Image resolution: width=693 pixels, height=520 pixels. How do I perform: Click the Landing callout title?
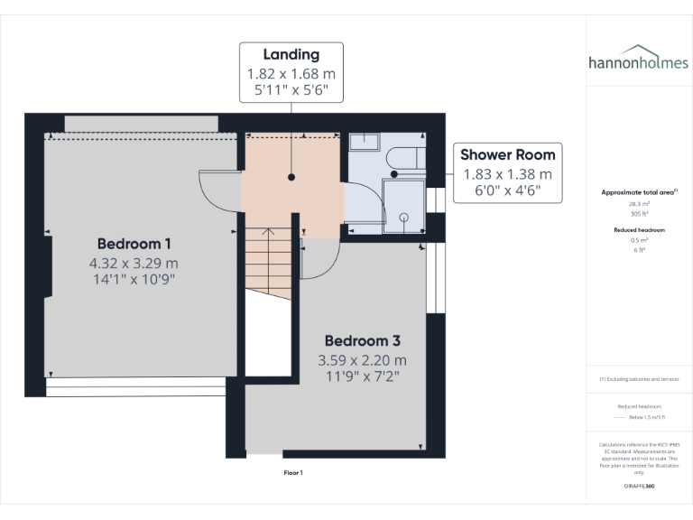coord(291,55)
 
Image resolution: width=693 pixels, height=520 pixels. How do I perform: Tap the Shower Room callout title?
coord(508,154)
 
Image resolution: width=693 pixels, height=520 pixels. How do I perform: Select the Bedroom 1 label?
coord(134,244)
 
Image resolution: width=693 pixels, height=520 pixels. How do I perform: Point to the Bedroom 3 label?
coord(363,341)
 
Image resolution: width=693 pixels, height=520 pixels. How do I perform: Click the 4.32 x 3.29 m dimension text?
coord(134,263)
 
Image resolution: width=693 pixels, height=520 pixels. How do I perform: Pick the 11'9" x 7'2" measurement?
coord(363,376)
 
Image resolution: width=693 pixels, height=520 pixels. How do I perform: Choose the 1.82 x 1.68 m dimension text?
coord(291,73)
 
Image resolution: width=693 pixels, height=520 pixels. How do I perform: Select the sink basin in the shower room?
coord(365,141)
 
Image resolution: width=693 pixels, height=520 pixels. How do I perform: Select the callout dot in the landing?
coord(291,178)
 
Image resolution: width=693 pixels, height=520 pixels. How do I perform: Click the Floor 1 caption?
coord(293,472)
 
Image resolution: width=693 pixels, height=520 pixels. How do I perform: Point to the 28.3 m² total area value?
coord(639,204)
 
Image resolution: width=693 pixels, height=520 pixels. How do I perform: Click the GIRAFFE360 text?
coord(639,487)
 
